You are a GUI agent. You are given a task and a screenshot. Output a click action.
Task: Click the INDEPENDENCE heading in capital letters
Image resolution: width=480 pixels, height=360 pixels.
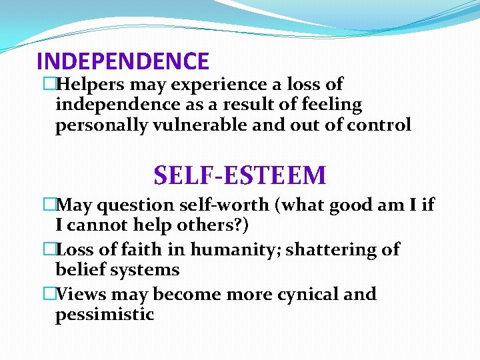pos(123,61)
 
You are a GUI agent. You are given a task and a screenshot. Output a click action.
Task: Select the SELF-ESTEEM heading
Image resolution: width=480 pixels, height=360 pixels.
pos(240,175)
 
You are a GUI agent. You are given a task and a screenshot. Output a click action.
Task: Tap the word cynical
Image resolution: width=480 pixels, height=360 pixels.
pos(299,294)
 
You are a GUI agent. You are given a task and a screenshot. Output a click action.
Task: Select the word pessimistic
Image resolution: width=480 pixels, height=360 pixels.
pos(105,315)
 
